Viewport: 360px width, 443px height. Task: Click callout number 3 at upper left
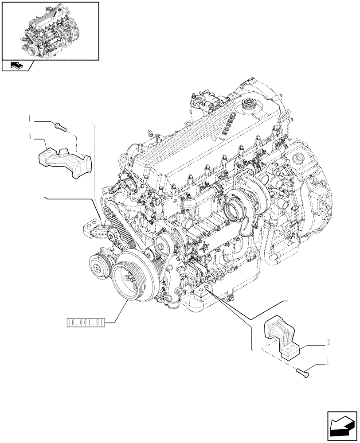tap(30, 137)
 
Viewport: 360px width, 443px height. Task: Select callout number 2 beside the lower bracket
tap(327, 342)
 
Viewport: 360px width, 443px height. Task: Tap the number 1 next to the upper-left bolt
tap(30, 119)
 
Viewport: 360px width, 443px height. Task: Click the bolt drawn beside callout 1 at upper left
tap(61, 126)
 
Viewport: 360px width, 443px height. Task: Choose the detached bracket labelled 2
tap(282, 338)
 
